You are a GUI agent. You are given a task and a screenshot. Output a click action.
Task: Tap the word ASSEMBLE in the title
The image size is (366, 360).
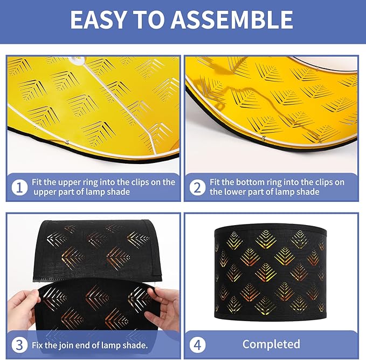coord(232,19)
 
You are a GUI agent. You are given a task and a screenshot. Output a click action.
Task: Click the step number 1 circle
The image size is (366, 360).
coord(19,187)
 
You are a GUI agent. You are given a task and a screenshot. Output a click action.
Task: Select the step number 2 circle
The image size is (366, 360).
coord(197,187)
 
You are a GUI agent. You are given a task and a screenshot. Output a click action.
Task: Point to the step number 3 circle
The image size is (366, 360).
coord(19,345)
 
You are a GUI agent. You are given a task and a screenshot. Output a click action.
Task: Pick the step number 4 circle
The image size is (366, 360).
coord(197,345)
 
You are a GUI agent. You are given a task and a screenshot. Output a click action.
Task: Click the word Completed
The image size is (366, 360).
coord(271,344)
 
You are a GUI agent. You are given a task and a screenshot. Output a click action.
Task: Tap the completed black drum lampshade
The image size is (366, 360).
coord(270,273)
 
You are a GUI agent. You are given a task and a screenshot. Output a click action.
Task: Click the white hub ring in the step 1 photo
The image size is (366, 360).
coord(77,60)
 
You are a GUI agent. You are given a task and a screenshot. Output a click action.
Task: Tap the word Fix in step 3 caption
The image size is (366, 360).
coord(37,345)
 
